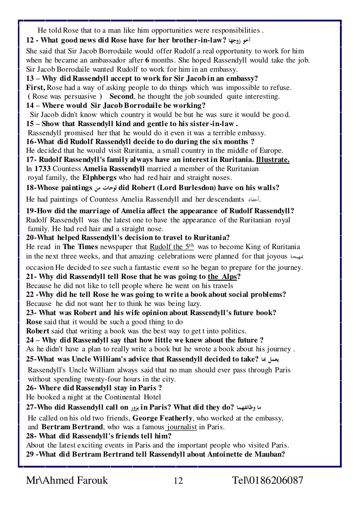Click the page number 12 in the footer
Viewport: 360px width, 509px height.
click(178, 481)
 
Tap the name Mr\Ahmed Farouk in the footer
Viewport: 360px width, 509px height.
click(67, 480)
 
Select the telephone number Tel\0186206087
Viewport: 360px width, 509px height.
click(268, 480)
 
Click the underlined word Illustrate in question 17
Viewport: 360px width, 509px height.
click(272, 160)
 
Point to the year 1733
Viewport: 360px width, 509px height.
click(42, 169)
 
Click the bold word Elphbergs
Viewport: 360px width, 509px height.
click(99, 178)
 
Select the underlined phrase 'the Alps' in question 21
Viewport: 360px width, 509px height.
click(222, 276)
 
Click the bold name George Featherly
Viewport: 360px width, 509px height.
click(163, 418)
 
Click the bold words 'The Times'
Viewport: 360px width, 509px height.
click(81, 247)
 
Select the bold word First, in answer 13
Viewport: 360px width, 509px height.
click(36, 87)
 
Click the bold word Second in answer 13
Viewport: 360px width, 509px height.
click(121, 97)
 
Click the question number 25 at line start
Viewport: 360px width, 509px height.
click(30, 359)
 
